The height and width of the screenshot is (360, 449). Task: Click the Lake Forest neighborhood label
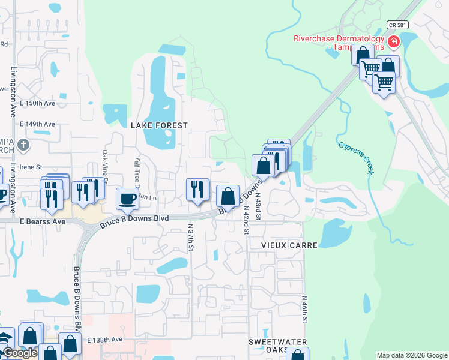click(159, 125)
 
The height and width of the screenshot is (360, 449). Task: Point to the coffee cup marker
click(127, 199)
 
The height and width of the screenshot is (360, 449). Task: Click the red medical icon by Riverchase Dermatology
click(394, 41)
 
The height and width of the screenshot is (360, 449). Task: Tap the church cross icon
click(23, 145)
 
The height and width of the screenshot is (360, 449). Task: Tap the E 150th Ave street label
click(37, 103)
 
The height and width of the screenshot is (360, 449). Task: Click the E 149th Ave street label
click(37, 124)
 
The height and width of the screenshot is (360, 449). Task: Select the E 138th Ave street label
click(104, 340)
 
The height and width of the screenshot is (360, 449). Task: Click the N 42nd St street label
click(246, 219)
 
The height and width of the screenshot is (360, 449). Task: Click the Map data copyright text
click(412, 355)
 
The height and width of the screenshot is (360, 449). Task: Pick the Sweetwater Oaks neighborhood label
click(278, 346)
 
